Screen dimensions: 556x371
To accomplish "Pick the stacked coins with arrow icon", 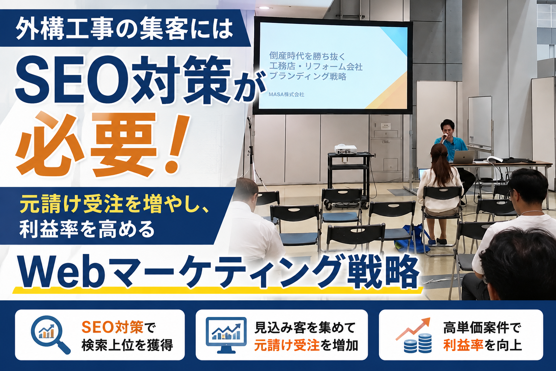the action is click(413, 335).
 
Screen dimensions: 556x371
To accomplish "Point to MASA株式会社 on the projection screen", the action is click(286, 95).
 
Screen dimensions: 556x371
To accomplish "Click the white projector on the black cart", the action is click(346, 149).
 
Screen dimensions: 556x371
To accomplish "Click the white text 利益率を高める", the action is click(87, 229).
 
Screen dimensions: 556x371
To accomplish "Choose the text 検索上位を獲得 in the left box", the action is click(127, 345).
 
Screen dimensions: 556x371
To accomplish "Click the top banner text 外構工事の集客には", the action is click(124, 29).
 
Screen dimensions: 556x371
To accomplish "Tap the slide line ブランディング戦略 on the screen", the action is click(308, 76).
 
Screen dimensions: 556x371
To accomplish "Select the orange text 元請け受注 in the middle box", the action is click(287, 345).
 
